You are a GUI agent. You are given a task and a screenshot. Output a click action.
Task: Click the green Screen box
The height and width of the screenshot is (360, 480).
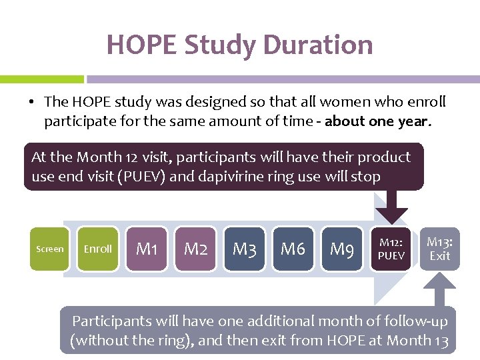(x=49, y=249)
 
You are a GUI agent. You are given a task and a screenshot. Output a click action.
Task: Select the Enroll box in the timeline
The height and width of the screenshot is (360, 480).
(x=98, y=249)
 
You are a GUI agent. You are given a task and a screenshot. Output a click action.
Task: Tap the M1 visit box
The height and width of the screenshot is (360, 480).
(x=147, y=249)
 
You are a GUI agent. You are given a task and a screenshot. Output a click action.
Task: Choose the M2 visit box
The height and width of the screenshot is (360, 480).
(x=195, y=249)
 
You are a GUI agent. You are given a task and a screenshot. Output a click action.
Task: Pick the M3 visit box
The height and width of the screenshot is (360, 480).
(x=245, y=249)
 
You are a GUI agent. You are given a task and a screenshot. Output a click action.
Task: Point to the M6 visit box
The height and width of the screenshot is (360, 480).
(x=293, y=249)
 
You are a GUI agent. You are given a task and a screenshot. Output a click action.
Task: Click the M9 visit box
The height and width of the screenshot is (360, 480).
(x=342, y=249)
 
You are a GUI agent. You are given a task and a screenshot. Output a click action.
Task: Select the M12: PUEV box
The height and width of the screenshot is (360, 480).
(x=391, y=249)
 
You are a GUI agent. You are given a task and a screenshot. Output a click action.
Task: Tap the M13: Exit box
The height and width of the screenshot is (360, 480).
(x=439, y=249)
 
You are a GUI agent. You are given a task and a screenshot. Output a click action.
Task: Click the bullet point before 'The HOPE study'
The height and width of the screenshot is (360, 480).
(x=31, y=102)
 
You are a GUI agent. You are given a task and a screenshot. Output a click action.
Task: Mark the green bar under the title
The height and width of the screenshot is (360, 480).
(x=41, y=79)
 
